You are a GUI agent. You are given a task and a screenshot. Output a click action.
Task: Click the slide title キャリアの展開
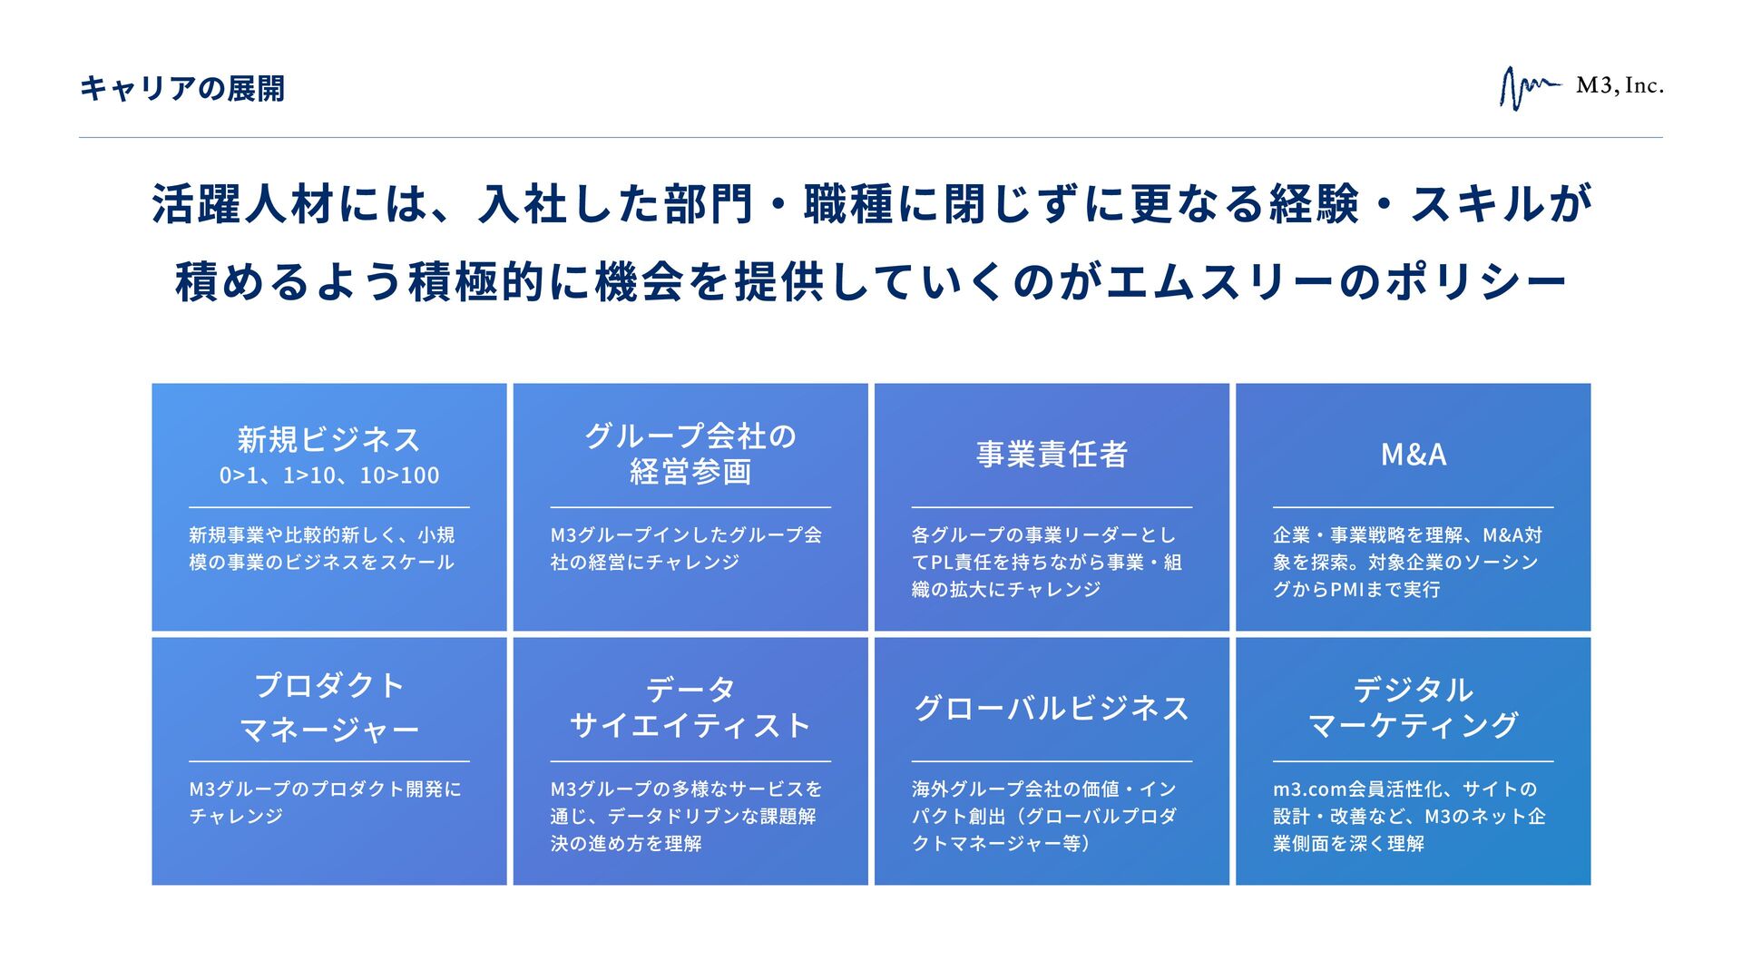click(x=181, y=89)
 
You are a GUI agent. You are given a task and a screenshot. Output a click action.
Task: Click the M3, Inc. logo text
click(x=1620, y=86)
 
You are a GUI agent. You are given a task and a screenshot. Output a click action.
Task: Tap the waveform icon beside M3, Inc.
click(x=1528, y=88)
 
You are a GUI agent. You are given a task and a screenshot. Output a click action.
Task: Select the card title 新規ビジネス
click(x=328, y=440)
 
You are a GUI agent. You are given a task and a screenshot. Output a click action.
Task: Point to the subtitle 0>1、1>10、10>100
click(x=328, y=475)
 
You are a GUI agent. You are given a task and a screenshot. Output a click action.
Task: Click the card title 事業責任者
click(x=1052, y=455)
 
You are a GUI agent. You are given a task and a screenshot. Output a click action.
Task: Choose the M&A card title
click(x=1413, y=455)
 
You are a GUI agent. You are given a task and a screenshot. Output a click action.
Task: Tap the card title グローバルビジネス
click(x=1052, y=709)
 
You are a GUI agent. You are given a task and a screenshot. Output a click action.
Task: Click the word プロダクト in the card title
click(x=328, y=686)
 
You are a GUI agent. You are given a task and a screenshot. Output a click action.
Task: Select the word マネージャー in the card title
click(x=328, y=730)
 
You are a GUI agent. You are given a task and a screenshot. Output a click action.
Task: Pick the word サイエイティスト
click(x=690, y=726)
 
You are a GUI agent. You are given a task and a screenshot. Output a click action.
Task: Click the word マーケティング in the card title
click(x=1413, y=725)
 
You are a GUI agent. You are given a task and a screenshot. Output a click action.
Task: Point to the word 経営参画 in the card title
click(x=690, y=472)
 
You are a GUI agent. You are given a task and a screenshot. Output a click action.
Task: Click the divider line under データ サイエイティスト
click(x=690, y=761)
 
